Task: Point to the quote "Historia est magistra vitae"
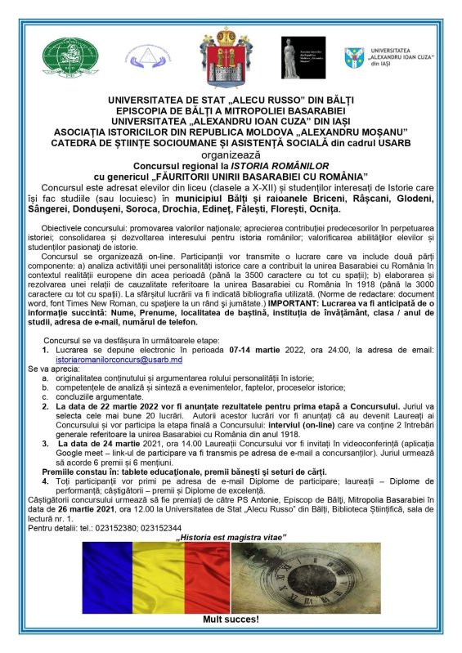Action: (x=231, y=537)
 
